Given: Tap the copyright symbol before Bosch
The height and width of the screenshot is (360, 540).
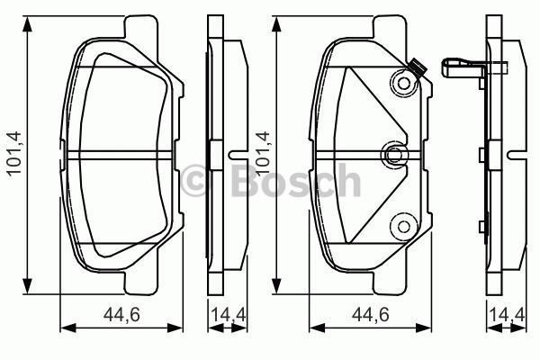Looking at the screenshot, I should click(195, 181).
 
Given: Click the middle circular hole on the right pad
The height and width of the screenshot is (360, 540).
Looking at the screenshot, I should click(393, 155).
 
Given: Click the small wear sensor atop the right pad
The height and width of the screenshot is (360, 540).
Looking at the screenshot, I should click(416, 65).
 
